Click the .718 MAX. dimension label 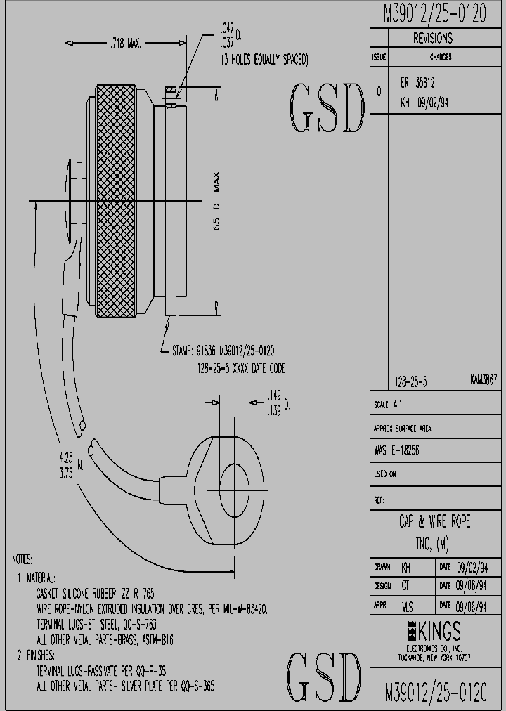[x=126, y=44]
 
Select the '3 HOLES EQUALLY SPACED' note [x=264, y=60]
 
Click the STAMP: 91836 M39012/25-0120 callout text [x=223, y=351]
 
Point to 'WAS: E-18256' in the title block [x=396, y=450]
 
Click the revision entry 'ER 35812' [x=417, y=83]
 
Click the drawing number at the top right [x=434, y=15]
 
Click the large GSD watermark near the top [x=328, y=110]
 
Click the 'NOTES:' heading [x=22, y=560]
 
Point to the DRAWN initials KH [x=406, y=567]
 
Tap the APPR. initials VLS [x=407, y=604]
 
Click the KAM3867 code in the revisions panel [x=484, y=379]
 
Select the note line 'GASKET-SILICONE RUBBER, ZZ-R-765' [x=95, y=593]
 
